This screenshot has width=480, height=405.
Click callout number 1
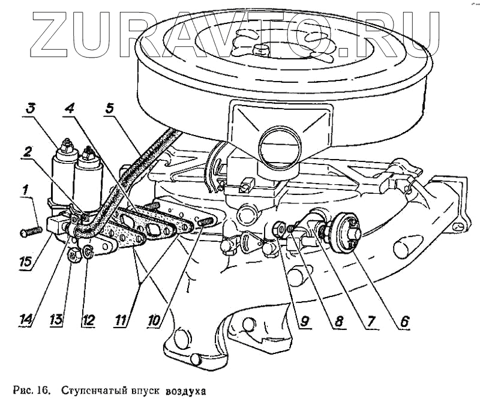tap(26, 190)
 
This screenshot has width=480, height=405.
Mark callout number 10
tap(155, 320)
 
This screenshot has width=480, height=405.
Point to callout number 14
tap(26, 320)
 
